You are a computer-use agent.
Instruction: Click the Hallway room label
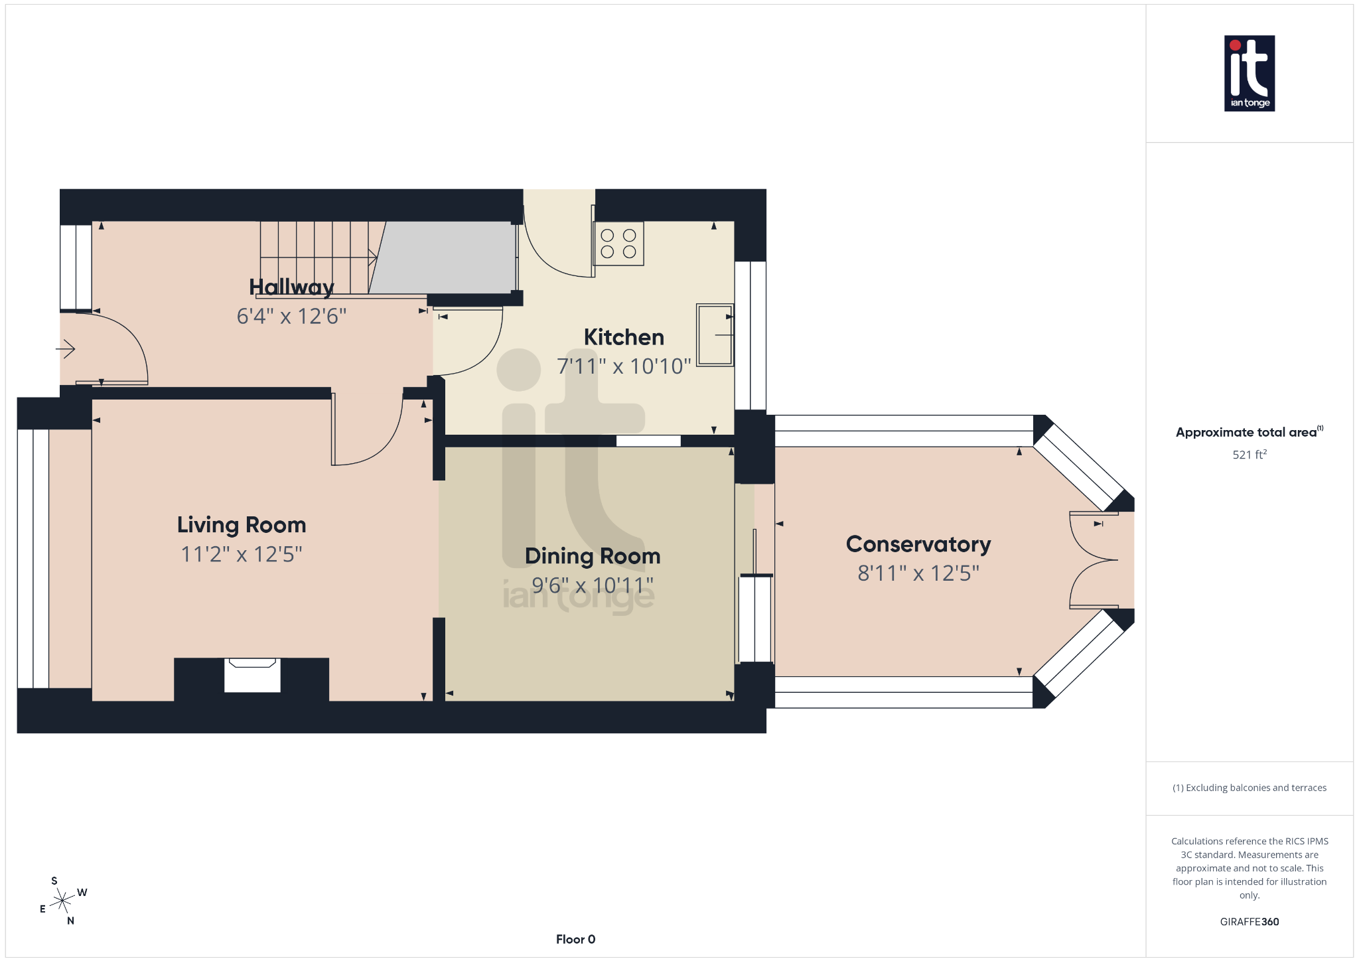click(291, 287)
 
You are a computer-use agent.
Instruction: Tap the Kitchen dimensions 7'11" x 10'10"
click(624, 366)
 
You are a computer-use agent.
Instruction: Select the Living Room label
click(242, 525)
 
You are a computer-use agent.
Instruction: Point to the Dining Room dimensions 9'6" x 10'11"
click(593, 585)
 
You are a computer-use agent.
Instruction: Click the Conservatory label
click(918, 544)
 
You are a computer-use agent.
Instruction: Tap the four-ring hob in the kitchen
click(618, 244)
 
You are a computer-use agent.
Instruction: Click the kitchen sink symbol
click(715, 335)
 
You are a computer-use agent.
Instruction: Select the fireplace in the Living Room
click(252, 675)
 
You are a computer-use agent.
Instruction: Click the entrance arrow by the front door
click(66, 348)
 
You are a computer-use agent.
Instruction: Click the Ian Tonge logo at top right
click(1250, 73)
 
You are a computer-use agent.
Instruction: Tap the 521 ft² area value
click(1250, 455)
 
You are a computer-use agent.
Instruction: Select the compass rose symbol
click(62, 901)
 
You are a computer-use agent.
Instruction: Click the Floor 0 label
click(575, 939)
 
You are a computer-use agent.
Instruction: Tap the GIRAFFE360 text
click(1250, 922)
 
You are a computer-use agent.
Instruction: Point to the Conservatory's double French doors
click(1094, 560)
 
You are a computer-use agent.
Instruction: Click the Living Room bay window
click(33, 558)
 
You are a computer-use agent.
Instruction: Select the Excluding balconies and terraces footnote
click(1250, 788)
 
